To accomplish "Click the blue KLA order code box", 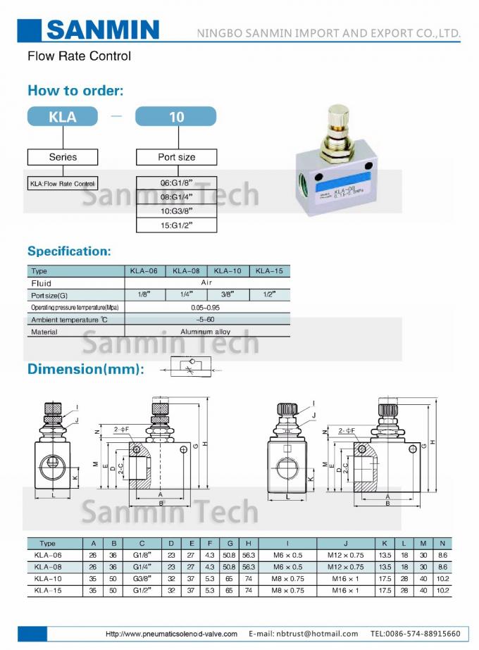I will click(x=63, y=117).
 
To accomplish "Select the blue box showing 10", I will click(x=176, y=117).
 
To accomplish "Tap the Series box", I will click(x=63, y=157).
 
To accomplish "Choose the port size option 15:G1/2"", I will click(x=176, y=225).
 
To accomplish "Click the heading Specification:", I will click(x=69, y=251).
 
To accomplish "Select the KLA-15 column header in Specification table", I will click(x=268, y=271).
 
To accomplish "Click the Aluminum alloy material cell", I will click(x=206, y=332).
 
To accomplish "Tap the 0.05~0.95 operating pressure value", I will click(x=206, y=308).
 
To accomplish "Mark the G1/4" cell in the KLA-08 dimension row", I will click(x=142, y=566).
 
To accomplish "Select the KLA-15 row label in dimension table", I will click(x=48, y=590).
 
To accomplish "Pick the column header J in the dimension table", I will click(x=345, y=544).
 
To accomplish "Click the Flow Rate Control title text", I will click(x=79, y=56).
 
